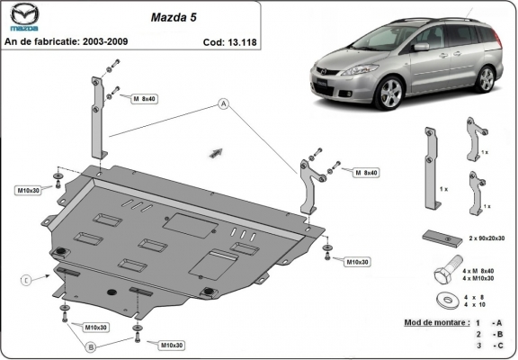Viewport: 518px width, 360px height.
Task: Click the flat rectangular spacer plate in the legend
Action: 438,237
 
